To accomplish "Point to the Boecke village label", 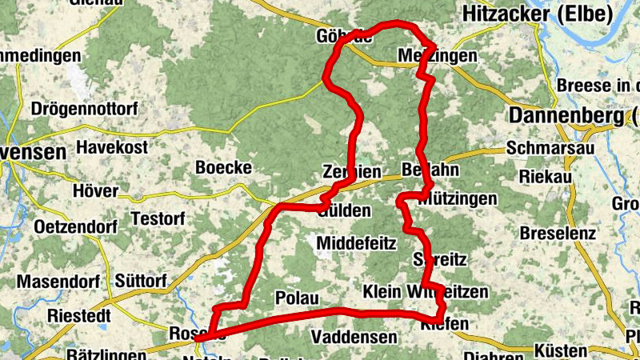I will [224, 168].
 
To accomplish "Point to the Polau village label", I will [297, 298].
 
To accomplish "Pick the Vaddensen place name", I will [353, 337].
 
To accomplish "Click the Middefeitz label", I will [357, 243].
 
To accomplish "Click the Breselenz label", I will [558, 234].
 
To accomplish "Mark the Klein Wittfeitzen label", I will [425, 292].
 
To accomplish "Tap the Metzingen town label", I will [438, 56].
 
